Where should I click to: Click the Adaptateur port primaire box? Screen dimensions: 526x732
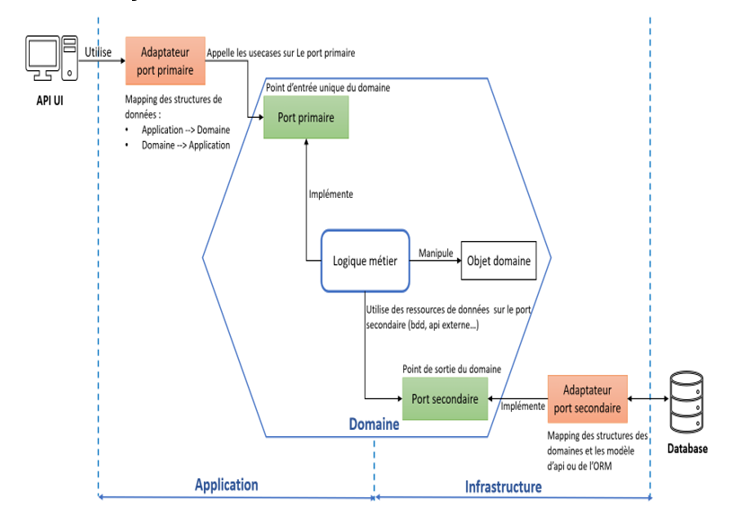tap(165, 59)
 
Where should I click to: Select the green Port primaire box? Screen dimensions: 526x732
tap(305, 118)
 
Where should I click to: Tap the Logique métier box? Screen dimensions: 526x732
tap(365, 261)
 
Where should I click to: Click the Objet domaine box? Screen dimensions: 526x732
tap(498, 262)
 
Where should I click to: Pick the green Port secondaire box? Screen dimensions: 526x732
tap(445, 398)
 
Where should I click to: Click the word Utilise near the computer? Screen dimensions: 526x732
tap(98, 52)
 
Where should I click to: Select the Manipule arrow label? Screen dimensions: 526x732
tap(436, 254)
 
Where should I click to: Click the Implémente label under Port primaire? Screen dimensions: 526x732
tap(331, 193)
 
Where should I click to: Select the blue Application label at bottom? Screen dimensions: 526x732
tap(226, 485)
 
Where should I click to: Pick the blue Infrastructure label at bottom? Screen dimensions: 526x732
tap(503, 486)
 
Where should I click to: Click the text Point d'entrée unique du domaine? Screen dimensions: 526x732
tap(328, 88)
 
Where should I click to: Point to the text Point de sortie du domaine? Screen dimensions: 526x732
tap(452, 369)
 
